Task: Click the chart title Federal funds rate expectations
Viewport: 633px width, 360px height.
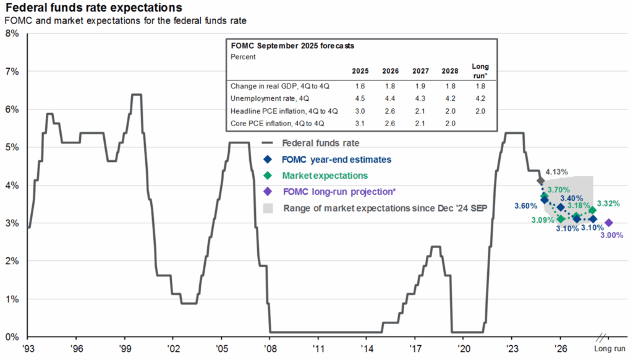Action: pos(93,8)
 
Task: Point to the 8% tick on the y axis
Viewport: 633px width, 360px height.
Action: pos(13,33)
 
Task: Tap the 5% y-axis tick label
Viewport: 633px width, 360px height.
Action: pos(13,147)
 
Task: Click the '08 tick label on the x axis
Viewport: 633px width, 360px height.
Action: pos(269,349)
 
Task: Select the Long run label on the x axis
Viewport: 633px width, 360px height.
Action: pos(610,349)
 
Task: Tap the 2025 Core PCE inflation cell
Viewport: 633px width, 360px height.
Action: pos(360,124)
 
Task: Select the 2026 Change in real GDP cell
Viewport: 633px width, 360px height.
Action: pos(391,86)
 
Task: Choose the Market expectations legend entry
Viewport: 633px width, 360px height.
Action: pos(324,176)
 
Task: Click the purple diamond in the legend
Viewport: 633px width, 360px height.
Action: pos(267,192)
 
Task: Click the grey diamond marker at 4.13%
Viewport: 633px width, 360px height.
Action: pos(541,181)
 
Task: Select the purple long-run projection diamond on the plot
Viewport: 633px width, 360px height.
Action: pos(608,223)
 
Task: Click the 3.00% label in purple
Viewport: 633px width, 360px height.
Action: pos(612,236)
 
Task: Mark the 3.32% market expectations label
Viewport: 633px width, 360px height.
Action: pos(608,204)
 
